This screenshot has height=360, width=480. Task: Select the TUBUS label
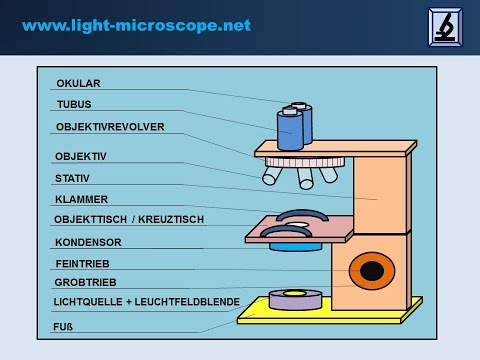(x=74, y=104)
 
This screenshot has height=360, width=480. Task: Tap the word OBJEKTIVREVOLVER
(x=110, y=127)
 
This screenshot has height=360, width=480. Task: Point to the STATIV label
(x=74, y=178)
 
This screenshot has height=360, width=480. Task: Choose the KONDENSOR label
(x=88, y=242)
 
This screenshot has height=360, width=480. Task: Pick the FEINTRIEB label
(x=82, y=264)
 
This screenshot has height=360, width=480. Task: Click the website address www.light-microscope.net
(x=137, y=24)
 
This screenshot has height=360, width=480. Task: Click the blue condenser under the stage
(x=293, y=244)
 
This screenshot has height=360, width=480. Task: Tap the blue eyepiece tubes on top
(x=293, y=125)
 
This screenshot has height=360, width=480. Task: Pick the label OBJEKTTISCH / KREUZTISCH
(x=128, y=219)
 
